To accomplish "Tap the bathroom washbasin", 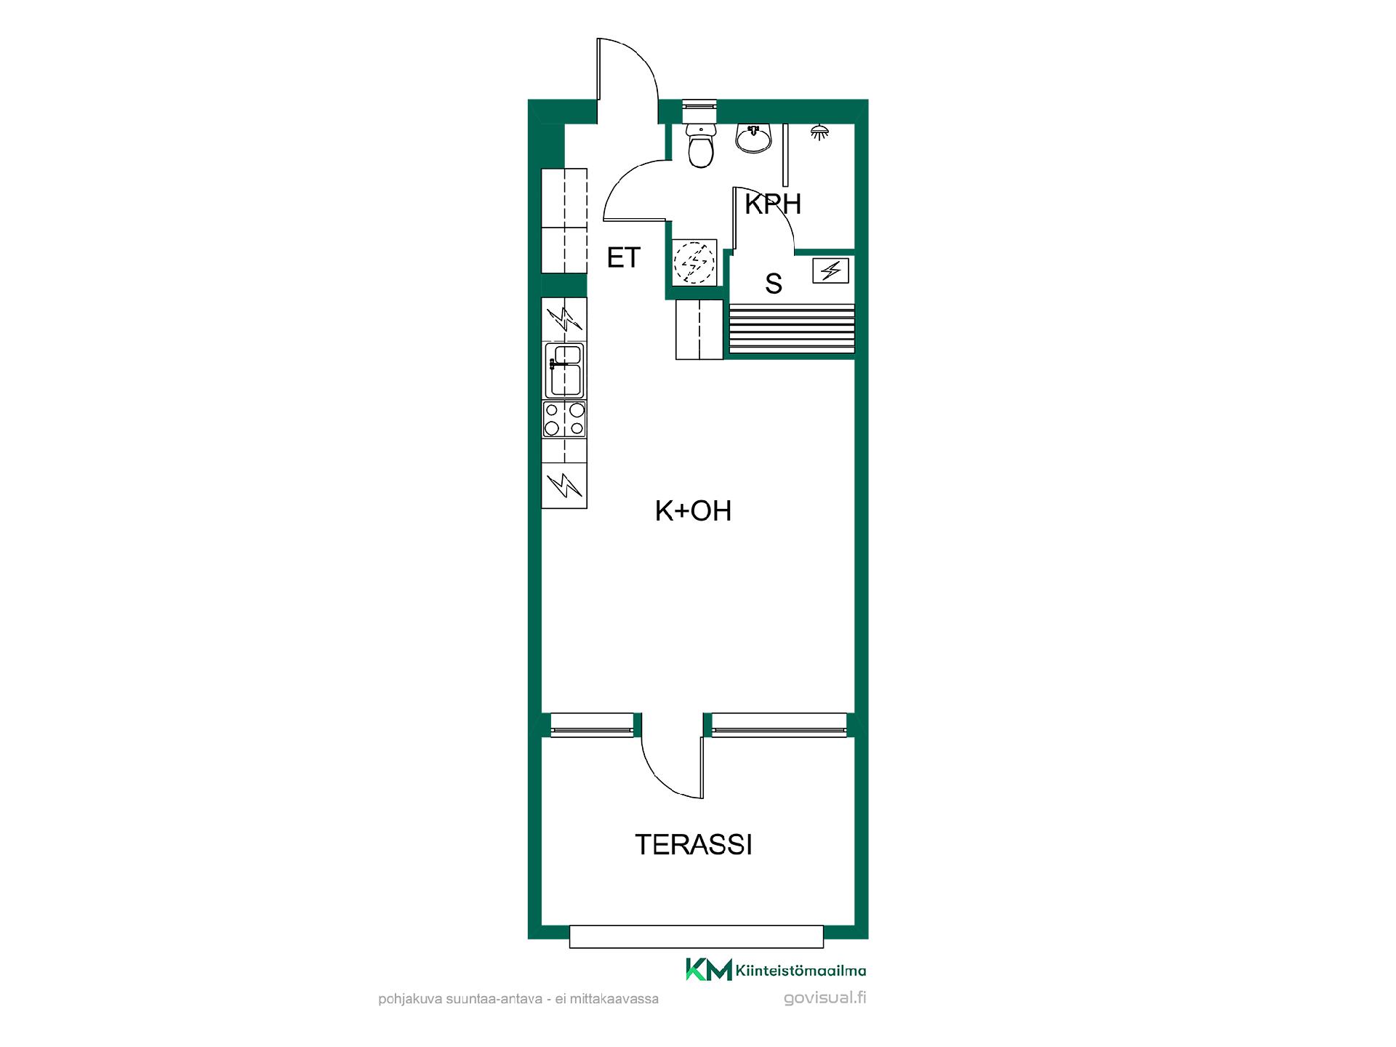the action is point(754,138).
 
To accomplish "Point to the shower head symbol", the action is point(820,132).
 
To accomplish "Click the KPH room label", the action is point(773,205).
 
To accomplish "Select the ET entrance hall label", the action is point(624,257).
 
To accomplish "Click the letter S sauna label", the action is point(774,284).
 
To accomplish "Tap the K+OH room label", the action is point(693,511).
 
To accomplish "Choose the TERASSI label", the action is point(693,845).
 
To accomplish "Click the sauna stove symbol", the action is point(830,271).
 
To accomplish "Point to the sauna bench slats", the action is point(792,329).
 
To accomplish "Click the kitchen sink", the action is point(565,370).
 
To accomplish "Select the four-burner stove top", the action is point(564,420).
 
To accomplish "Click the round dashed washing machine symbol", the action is point(695,261).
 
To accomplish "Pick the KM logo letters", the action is point(708,969).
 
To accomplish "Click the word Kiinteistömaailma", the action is point(801,971).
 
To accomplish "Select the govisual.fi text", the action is point(825,998).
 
